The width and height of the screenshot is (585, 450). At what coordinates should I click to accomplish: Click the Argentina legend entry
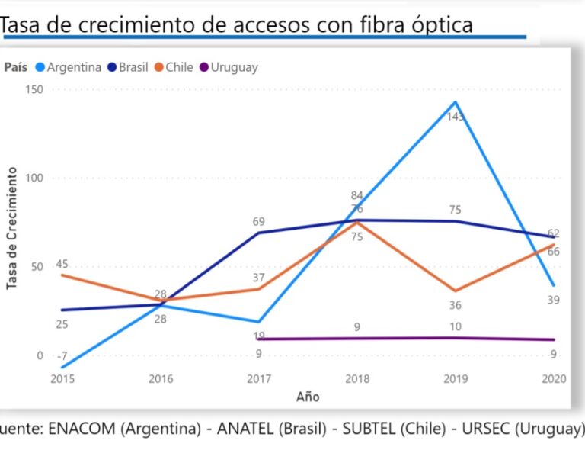click(x=69, y=67)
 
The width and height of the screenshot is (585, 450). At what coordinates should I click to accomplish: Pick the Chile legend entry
click(x=174, y=67)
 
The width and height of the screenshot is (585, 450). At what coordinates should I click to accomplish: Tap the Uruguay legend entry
click(x=229, y=67)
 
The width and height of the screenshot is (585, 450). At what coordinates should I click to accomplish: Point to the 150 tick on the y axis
click(x=35, y=89)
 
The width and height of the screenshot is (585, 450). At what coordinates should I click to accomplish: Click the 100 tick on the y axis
click(x=35, y=178)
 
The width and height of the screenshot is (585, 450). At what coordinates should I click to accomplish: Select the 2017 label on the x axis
click(x=259, y=378)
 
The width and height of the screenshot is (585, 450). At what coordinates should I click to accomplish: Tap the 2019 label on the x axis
click(x=456, y=378)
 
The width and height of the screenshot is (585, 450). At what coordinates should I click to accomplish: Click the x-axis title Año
click(x=308, y=397)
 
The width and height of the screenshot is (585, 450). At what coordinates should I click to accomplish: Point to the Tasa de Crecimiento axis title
click(x=12, y=230)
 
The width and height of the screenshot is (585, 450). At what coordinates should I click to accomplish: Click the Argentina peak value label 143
click(x=456, y=117)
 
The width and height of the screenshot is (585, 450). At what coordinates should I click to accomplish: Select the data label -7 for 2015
click(x=62, y=356)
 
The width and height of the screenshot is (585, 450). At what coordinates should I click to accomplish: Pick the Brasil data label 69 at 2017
click(x=259, y=222)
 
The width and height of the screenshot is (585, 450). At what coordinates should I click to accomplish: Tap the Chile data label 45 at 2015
click(x=62, y=265)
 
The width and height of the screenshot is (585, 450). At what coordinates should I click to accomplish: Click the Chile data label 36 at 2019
click(x=456, y=305)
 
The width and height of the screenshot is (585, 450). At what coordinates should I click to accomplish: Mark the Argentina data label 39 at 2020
click(x=553, y=300)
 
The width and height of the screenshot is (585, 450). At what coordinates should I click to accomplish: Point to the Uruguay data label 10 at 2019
click(x=456, y=327)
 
